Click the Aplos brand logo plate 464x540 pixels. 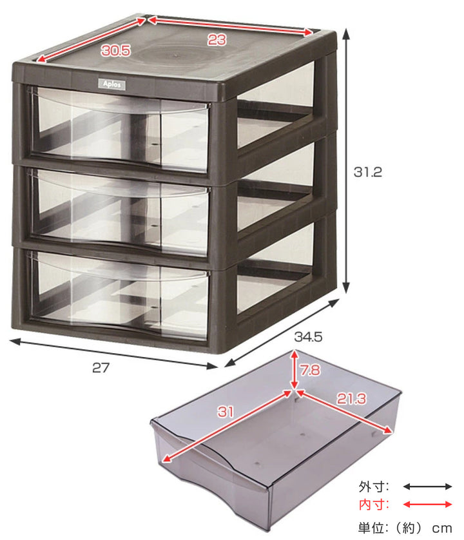(112, 84)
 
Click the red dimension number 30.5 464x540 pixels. (116, 51)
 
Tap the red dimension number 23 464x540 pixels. (217, 40)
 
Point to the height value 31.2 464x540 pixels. (368, 171)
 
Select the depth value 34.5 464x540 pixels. (308, 336)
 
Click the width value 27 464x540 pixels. (101, 368)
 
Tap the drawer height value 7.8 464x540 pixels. (310, 371)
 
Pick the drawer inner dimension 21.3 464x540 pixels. (351, 399)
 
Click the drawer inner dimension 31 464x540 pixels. (226, 412)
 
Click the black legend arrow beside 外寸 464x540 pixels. (427, 487)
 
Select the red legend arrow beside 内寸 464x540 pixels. (427, 505)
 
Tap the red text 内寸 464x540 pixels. (373, 505)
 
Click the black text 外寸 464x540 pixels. (373, 487)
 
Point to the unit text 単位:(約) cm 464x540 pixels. (405, 528)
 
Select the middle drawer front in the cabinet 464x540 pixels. (118, 211)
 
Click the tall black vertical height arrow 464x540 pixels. (346, 161)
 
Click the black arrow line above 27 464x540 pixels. (113, 354)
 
